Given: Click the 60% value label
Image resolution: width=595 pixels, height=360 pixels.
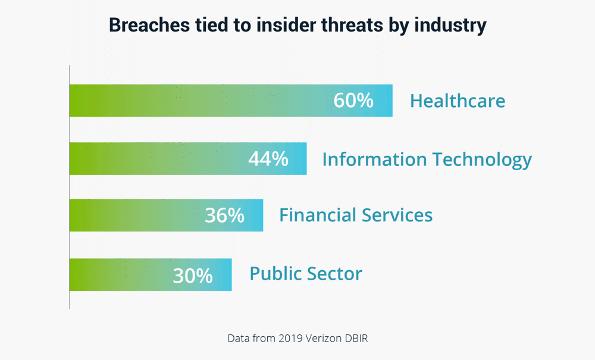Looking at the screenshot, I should click(353, 101).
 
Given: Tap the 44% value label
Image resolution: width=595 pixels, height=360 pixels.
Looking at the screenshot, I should click(268, 159).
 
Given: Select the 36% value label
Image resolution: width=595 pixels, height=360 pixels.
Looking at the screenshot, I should click(224, 215).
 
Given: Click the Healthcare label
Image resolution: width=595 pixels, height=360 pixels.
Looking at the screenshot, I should click(458, 101).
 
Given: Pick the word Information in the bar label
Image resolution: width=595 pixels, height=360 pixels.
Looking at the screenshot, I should click(374, 159).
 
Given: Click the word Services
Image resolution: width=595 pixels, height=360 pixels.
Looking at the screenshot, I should click(396, 215).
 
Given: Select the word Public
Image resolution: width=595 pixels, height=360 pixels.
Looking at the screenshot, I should click(275, 274).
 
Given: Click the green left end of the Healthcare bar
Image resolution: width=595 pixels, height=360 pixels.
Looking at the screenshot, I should click(80, 101).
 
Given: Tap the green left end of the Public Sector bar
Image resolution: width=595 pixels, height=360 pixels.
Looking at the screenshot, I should click(80, 275).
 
